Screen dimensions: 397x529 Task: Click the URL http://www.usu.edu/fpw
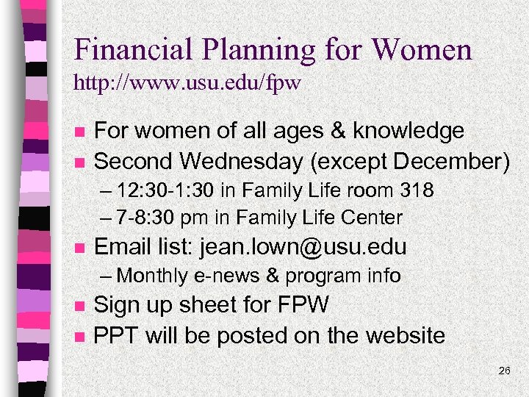point(187,82)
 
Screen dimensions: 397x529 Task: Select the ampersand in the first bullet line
point(339,131)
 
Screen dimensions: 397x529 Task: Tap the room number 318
point(417,190)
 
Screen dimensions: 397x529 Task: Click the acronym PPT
point(117,335)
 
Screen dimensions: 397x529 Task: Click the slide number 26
point(504,371)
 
